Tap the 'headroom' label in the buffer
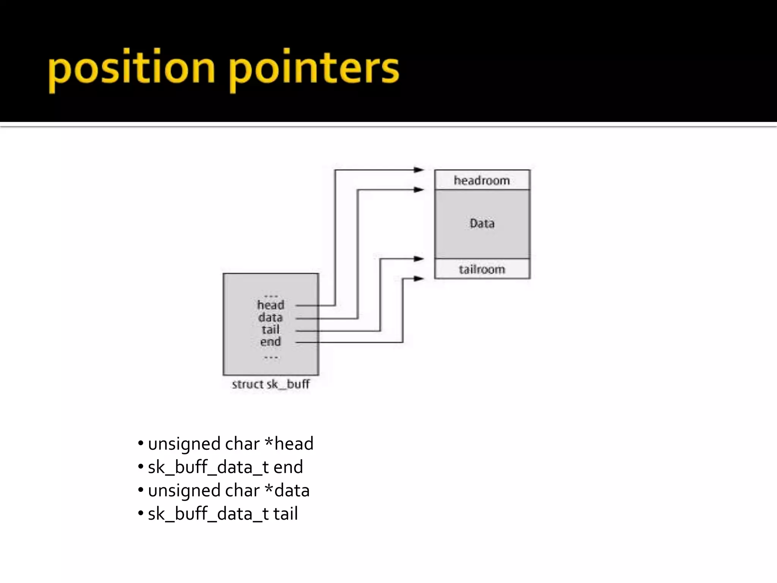pyautogui.click(x=482, y=180)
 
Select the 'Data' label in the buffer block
pyautogui.click(x=482, y=223)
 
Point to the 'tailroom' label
pyautogui.click(x=482, y=269)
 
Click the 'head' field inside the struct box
pyautogui.click(x=271, y=305)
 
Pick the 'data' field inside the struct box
pyautogui.click(x=271, y=317)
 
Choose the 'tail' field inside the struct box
pyautogui.click(x=271, y=329)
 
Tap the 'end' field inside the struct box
pyautogui.click(x=271, y=342)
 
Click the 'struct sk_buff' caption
pyautogui.click(x=271, y=384)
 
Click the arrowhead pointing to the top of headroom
pyautogui.click(x=419, y=170)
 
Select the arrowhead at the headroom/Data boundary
pyautogui.click(x=419, y=189)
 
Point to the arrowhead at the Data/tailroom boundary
pyautogui.click(x=419, y=259)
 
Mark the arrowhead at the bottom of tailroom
pyautogui.click(x=419, y=279)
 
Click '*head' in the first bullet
pyautogui.click(x=289, y=444)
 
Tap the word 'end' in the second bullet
pyautogui.click(x=288, y=467)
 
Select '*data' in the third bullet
pyautogui.click(x=287, y=490)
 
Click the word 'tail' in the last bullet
pyautogui.click(x=285, y=514)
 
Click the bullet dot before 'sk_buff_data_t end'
pyautogui.click(x=141, y=466)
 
